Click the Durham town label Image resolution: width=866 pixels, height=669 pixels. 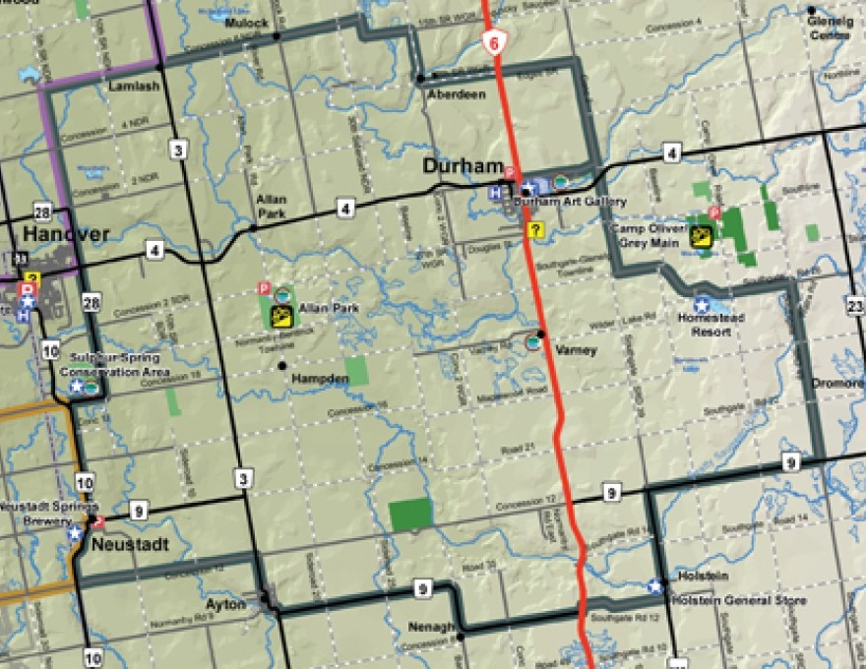[463, 167]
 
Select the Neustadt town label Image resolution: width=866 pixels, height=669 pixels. [130, 543]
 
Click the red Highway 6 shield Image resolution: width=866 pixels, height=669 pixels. [495, 42]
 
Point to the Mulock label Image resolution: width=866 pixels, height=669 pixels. [246, 23]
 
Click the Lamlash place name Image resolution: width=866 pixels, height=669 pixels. [129, 87]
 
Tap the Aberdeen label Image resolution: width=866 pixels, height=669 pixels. [456, 94]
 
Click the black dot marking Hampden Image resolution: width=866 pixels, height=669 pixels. [282, 365]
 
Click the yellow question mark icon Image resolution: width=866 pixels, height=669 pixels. [535, 230]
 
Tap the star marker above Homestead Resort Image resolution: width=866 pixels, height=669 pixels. [703, 305]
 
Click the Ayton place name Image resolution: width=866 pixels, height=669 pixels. [226, 604]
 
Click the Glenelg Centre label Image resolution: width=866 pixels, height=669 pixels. [828, 28]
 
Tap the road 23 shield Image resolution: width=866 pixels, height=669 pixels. [854, 307]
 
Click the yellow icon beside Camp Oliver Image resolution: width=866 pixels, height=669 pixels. [702, 235]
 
